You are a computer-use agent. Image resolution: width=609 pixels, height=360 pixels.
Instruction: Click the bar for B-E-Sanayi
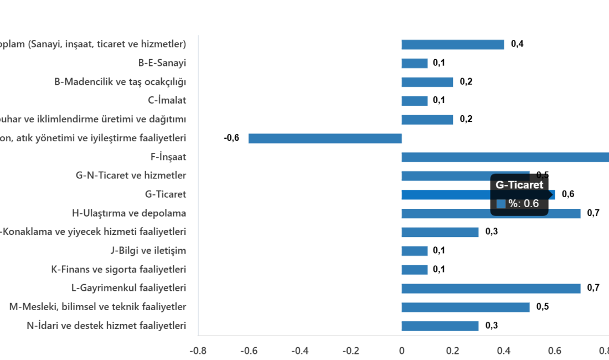(415, 64)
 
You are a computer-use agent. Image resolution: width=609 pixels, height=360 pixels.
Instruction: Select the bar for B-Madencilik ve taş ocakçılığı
(427, 83)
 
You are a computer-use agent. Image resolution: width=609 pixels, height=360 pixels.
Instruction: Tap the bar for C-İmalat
(415, 101)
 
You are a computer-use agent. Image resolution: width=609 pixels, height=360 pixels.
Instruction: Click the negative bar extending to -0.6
(325, 138)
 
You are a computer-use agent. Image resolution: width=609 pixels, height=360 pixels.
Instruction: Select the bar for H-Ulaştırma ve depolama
(491, 214)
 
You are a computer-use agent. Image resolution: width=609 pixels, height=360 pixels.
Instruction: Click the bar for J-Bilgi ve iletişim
(415, 251)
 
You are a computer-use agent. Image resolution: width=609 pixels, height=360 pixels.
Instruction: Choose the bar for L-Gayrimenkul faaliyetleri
(491, 289)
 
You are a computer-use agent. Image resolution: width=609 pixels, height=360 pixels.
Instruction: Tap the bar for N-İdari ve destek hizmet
(440, 326)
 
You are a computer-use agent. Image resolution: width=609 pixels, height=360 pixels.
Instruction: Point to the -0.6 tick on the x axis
(249, 351)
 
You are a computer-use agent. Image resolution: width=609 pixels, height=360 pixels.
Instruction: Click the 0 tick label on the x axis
(402, 351)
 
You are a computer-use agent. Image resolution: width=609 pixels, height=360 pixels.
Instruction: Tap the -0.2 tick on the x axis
(351, 351)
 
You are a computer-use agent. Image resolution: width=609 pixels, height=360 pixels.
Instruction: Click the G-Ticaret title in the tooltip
(519, 186)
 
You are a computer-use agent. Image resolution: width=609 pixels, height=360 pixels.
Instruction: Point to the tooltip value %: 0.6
(523, 204)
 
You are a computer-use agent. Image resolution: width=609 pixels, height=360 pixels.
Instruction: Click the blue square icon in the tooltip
(501, 204)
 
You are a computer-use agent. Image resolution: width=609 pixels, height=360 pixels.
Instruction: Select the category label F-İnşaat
(168, 157)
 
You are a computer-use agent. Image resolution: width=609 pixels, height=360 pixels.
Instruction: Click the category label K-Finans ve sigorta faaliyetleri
(118, 270)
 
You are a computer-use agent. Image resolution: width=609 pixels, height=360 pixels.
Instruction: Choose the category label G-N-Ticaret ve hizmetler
(131, 176)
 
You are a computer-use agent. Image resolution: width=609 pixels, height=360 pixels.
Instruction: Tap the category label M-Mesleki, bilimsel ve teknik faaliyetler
(98, 307)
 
